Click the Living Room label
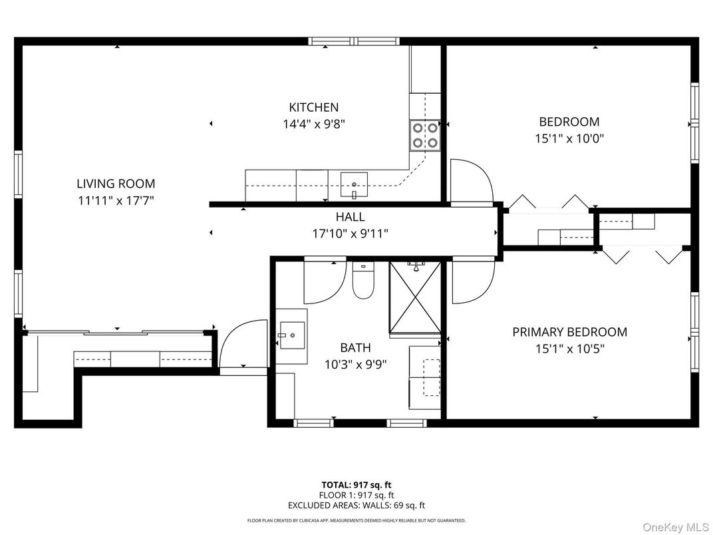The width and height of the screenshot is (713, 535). pos(116,184)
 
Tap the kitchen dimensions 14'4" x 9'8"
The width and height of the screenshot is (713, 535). pos(314,124)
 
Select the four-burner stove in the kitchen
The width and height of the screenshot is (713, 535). pos(425,135)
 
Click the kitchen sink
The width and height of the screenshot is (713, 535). pos(355,185)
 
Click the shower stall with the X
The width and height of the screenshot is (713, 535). pos(416,297)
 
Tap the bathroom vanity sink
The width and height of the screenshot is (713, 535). pos(292,335)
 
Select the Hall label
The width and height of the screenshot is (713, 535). pos(350,216)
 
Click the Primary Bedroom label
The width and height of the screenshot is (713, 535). pos(570,332)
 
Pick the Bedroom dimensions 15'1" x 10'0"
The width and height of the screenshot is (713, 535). pos(569,138)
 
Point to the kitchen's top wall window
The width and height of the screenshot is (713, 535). pos(355,41)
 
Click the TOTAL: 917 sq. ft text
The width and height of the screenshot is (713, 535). pos(356,485)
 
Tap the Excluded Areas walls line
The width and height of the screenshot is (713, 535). pos(356,505)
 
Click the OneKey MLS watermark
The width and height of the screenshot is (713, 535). pos(676,527)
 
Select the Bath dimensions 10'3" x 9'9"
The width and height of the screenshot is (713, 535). pos(356,365)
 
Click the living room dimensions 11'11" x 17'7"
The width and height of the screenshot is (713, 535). pos(116,201)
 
